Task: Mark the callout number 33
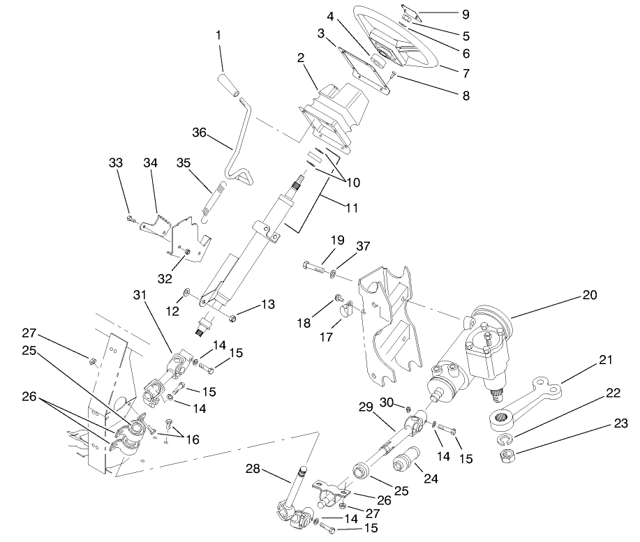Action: point(117,163)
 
